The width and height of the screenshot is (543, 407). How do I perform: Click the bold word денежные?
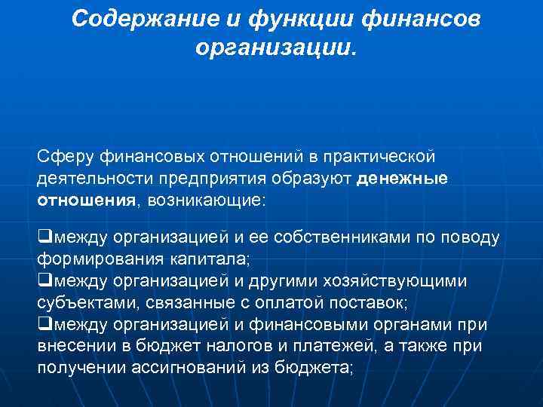click(403, 179)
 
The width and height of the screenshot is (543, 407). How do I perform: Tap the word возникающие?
click(207, 200)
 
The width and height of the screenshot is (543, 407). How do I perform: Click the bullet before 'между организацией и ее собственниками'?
click(43, 238)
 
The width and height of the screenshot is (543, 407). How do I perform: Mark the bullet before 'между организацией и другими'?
click(43, 282)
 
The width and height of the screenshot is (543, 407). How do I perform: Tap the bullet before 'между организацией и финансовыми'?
click(43, 325)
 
